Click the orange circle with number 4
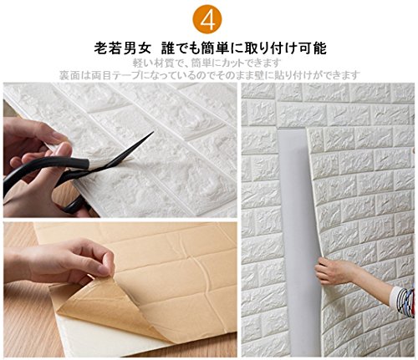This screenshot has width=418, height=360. (x=207, y=19)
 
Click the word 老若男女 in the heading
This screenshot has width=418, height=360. (x=122, y=48)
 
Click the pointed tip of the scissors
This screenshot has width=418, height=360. (x=153, y=132)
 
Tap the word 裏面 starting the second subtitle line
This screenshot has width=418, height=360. (x=69, y=75)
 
